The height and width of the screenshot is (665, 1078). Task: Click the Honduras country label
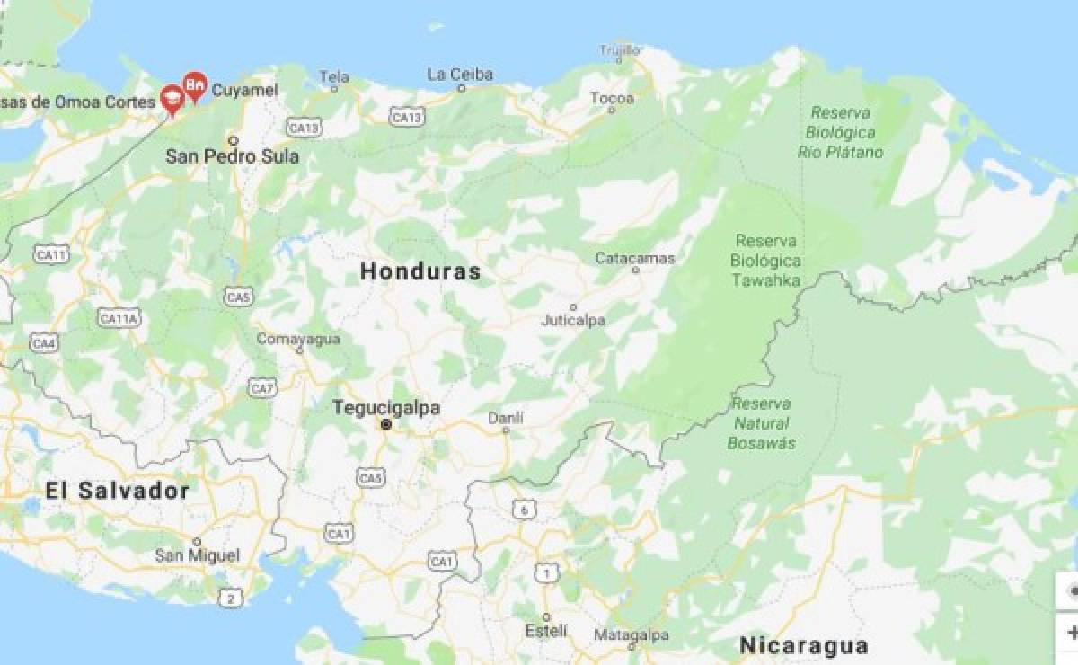420,271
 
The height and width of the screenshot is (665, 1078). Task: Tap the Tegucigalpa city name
386,408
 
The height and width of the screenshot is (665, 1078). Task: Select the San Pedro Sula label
232,156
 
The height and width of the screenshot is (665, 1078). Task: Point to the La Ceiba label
460,75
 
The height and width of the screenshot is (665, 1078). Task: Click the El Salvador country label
118,491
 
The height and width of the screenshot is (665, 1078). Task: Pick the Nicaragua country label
803,645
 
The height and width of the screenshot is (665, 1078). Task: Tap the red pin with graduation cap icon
172,100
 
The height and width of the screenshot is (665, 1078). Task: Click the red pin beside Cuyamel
194,86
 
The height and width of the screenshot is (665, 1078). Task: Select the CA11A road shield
119,318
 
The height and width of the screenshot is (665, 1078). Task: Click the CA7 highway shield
262,388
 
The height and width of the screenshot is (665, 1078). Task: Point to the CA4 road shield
44,342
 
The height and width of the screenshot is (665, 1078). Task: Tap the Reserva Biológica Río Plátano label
840,132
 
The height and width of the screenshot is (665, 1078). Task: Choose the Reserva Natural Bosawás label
761,423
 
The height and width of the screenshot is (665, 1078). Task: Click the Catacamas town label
635,259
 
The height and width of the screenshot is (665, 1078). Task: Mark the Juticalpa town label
573,320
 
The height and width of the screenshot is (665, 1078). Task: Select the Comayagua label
298,339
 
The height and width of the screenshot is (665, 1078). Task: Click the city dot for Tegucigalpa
385,425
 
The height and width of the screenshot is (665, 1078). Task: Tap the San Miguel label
197,555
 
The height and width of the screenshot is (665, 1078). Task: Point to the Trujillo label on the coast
620,49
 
